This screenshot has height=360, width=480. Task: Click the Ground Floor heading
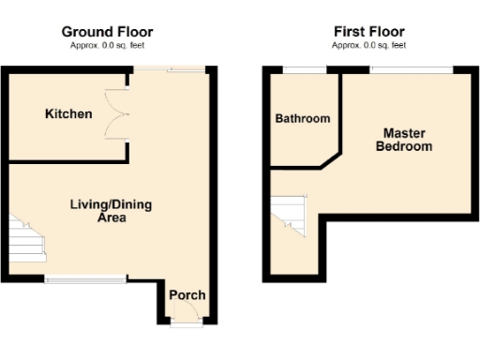tap(107, 32)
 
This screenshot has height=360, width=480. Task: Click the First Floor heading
tap(368, 32)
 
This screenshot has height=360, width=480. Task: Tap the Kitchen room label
tap(69, 114)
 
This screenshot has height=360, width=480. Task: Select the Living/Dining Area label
tap(98, 211)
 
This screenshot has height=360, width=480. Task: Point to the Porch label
tap(187, 295)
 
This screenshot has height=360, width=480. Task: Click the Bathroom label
tap(302, 119)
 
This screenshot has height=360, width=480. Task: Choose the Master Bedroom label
tap(404, 140)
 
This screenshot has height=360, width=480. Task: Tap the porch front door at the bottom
tap(186, 323)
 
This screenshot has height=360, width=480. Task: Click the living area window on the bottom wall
tap(86, 278)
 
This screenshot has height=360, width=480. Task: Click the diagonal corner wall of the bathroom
tap(330, 158)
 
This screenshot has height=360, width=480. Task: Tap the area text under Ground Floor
tap(107, 45)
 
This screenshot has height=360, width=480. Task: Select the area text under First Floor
tap(368, 45)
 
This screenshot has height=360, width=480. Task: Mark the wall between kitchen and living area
tap(66, 162)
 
